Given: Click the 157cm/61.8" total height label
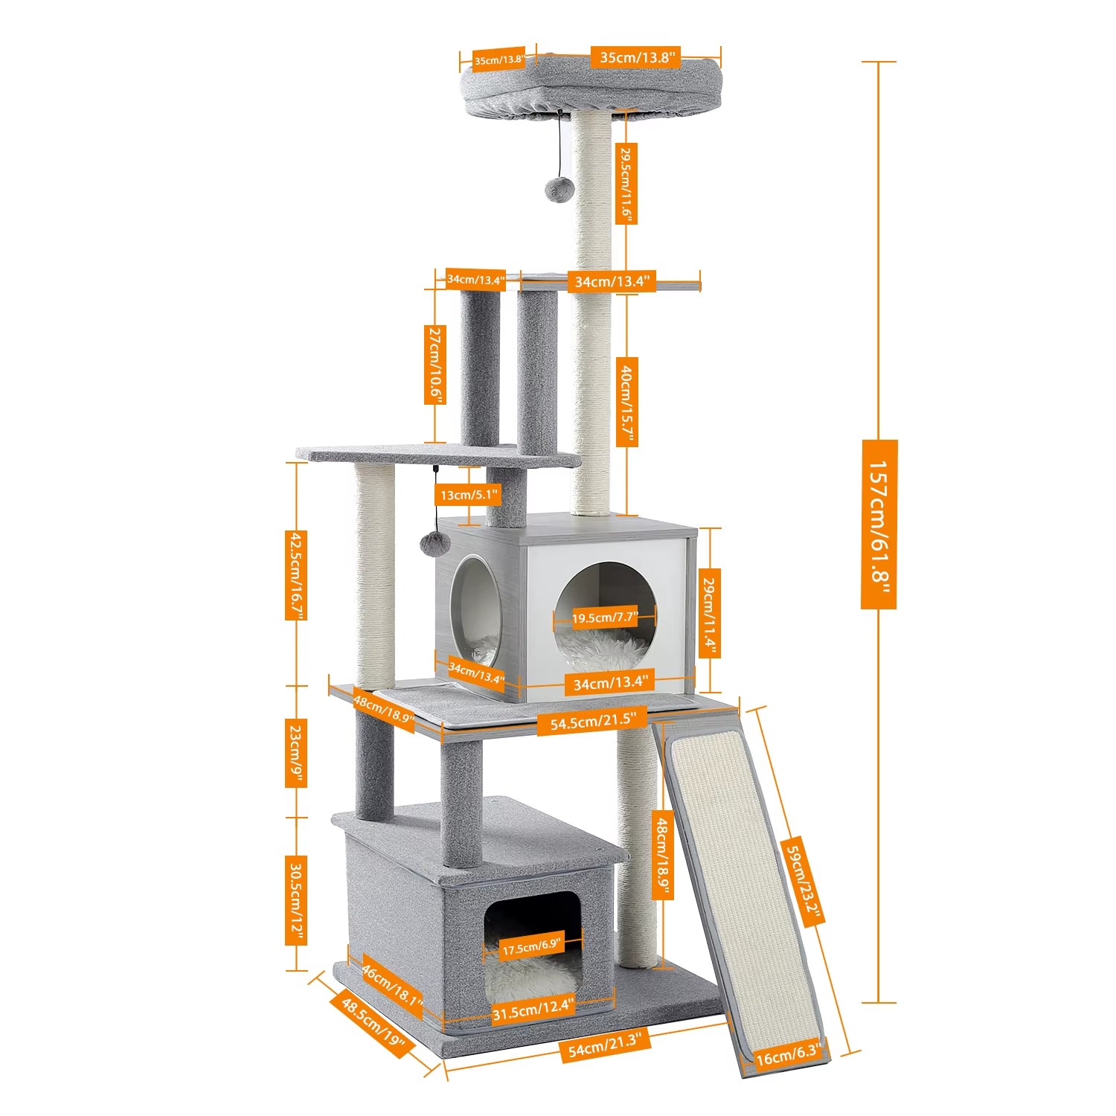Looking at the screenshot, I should [879, 524].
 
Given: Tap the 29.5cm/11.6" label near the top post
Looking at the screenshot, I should [627, 183].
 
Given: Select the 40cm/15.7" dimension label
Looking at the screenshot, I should [627, 403].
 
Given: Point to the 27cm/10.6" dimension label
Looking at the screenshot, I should [434, 365].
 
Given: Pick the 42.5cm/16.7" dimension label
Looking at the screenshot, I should [296, 574].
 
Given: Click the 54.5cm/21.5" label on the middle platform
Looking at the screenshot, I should [593, 720].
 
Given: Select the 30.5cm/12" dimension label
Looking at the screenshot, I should [296, 899].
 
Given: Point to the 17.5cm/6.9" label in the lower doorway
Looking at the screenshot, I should [531, 946].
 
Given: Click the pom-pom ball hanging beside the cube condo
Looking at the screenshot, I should [432, 544].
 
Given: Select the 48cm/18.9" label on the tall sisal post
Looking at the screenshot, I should [662, 853].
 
